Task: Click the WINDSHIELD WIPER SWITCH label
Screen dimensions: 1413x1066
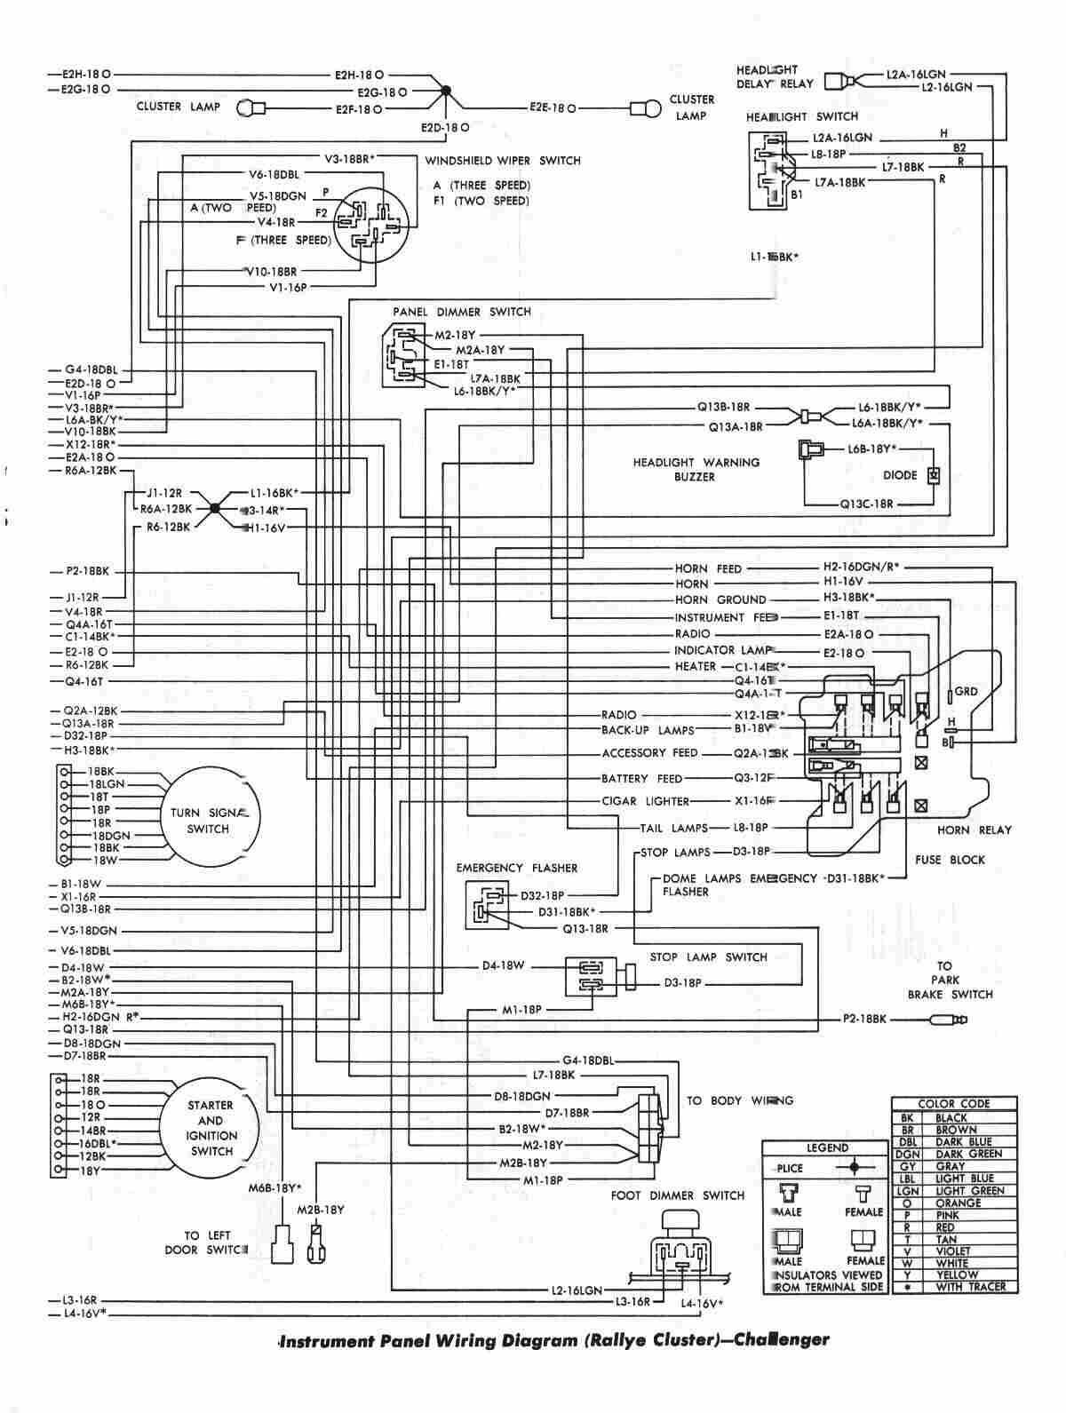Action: pos(502,161)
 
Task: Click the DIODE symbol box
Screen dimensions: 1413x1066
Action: pos(933,475)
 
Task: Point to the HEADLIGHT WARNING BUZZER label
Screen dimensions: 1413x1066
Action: pos(696,469)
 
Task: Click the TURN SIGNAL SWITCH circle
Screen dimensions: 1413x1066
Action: pos(208,821)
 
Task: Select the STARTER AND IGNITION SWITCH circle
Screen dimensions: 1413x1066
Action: pos(210,1128)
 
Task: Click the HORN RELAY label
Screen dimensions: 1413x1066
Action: pos(974,830)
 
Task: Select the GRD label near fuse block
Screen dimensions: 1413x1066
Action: pos(966,691)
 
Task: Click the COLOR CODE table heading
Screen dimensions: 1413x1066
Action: pos(954,1103)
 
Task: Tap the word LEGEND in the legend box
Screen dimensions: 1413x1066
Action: pos(826,1147)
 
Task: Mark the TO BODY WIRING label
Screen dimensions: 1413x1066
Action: pos(739,1100)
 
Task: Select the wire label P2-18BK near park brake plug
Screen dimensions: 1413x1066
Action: pos(864,1019)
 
